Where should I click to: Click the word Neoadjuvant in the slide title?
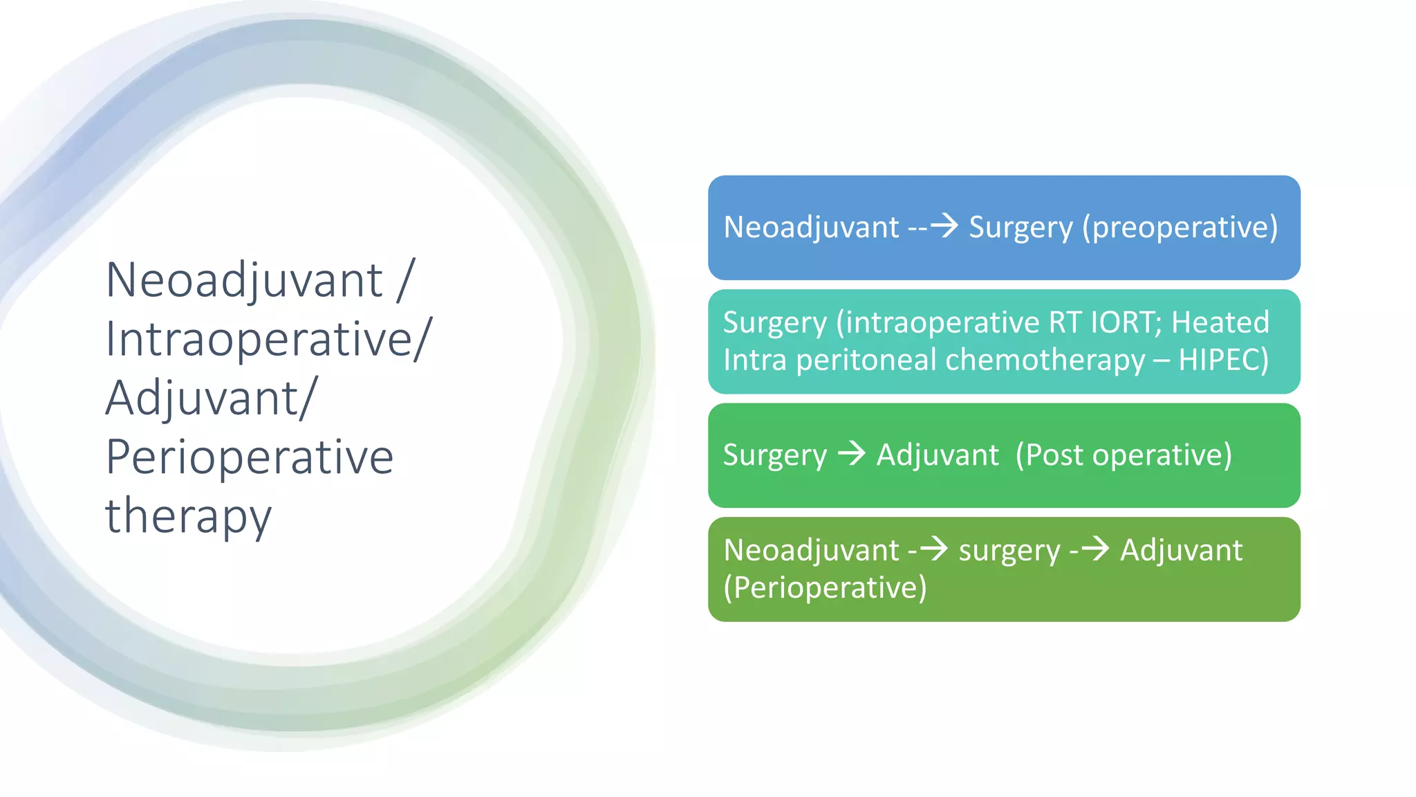(243, 281)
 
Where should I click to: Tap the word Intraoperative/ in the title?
(268, 340)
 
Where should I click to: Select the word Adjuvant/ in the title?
(211, 398)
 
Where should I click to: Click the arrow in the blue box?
(944, 226)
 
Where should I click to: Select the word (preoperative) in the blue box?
(1180, 228)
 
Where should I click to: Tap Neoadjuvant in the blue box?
(811, 228)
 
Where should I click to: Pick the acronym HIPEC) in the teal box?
(1223, 360)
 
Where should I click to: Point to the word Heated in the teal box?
(1220, 322)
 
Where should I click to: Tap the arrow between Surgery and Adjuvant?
(852, 454)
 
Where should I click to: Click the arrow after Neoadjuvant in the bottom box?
(934, 549)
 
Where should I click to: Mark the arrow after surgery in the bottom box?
(1095, 549)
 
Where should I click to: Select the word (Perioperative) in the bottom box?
(824, 588)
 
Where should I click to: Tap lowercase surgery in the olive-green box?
(1009, 551)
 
